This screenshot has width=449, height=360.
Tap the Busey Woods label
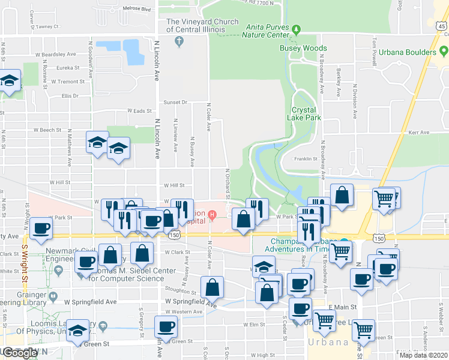303,48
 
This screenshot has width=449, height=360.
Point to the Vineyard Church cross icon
178,41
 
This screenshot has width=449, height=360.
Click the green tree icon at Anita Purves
295,28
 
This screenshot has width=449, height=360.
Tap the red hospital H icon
212,214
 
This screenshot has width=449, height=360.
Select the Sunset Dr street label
176,103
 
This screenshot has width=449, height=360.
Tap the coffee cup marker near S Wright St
41,229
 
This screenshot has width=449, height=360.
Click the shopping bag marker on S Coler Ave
212,287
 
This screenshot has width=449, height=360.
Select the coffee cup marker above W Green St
166,327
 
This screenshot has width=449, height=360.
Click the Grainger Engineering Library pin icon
53,296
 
